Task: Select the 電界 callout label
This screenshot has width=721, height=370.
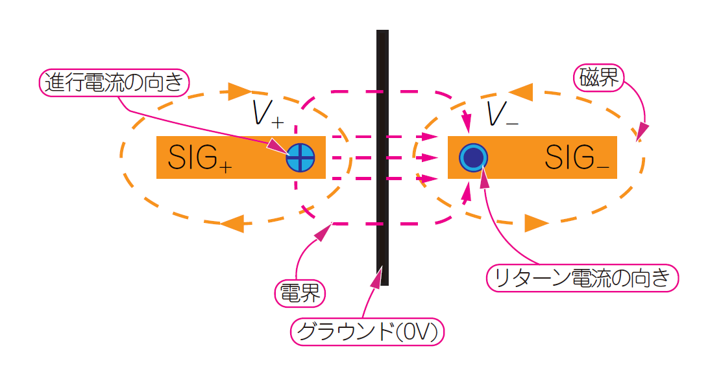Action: (299, 294)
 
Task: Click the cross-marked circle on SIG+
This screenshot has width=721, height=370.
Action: (301, 157)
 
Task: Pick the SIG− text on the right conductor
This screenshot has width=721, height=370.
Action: (576, 157)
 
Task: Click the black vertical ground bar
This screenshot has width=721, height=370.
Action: (383, 156)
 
